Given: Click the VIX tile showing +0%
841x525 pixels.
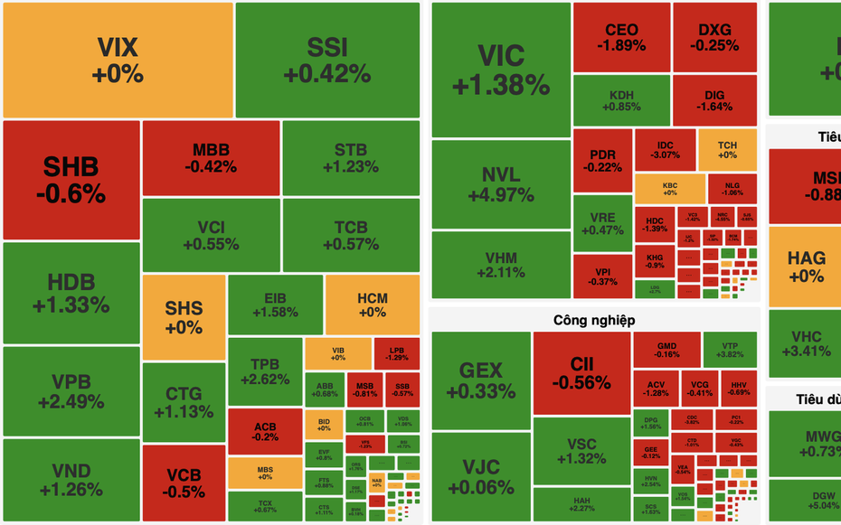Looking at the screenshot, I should click(x=118, y=60).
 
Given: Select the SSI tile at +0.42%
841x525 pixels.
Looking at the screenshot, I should click(x=327, y=60).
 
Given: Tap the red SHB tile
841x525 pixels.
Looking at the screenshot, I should click(x=71, y=179).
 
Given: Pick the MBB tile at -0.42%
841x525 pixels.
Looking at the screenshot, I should click(x=211, y=158).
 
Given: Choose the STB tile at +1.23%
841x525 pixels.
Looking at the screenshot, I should click(x=351, y=158).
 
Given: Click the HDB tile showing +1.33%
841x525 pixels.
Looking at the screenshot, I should click(x=71, y=293).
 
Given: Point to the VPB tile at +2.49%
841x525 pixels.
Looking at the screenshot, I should click(x=71, y=390).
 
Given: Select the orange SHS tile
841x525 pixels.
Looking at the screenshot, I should click(x=184, y=317).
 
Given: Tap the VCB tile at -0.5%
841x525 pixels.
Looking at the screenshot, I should click(x=184, y=483).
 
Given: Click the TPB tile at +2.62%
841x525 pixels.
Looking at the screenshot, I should click(x=265, y=371).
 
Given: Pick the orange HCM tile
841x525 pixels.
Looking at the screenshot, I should click(x=373, y=305).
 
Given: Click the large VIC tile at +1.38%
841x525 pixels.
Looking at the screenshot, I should click(x=501, y=70).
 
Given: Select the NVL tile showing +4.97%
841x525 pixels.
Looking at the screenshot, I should click(x=501, y=183).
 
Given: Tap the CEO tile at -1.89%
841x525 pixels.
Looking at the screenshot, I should click(x=621, y=37).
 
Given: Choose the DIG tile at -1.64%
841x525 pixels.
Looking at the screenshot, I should click(x=714, y=99).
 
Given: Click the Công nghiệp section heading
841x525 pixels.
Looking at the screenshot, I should click(x=594, y=320).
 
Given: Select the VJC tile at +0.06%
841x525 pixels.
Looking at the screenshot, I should click(x=480, y=477).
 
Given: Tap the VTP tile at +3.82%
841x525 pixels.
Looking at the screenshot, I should click(x=730, y=350).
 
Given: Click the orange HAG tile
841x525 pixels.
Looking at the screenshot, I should click(x=805, y=267).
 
